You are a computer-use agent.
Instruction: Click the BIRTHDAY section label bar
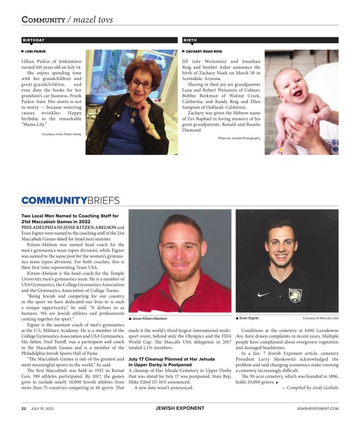pyautogui.click(x=96, y=41)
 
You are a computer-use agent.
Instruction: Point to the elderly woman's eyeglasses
pyautogui.click(x=141, y=83)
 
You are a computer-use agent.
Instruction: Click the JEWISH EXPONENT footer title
pyautogui.click(x=180, y=409)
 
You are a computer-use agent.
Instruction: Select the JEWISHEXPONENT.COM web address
pyautogui.click(x=315, y=409)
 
